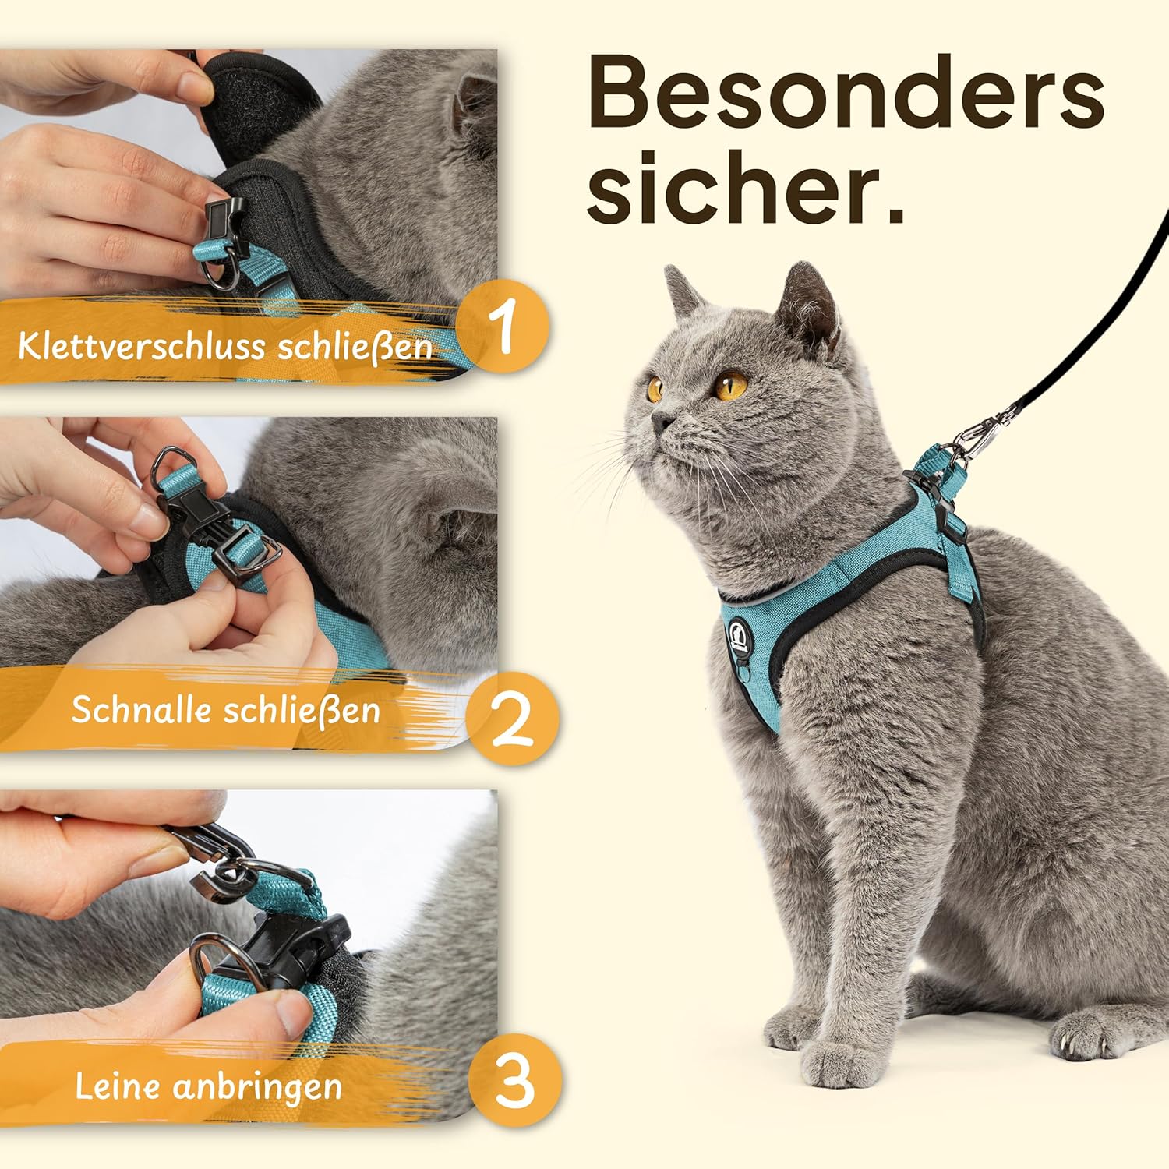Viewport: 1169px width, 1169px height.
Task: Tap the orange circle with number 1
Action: coord(503,327)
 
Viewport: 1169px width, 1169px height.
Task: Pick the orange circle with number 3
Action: coord(515,1082)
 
